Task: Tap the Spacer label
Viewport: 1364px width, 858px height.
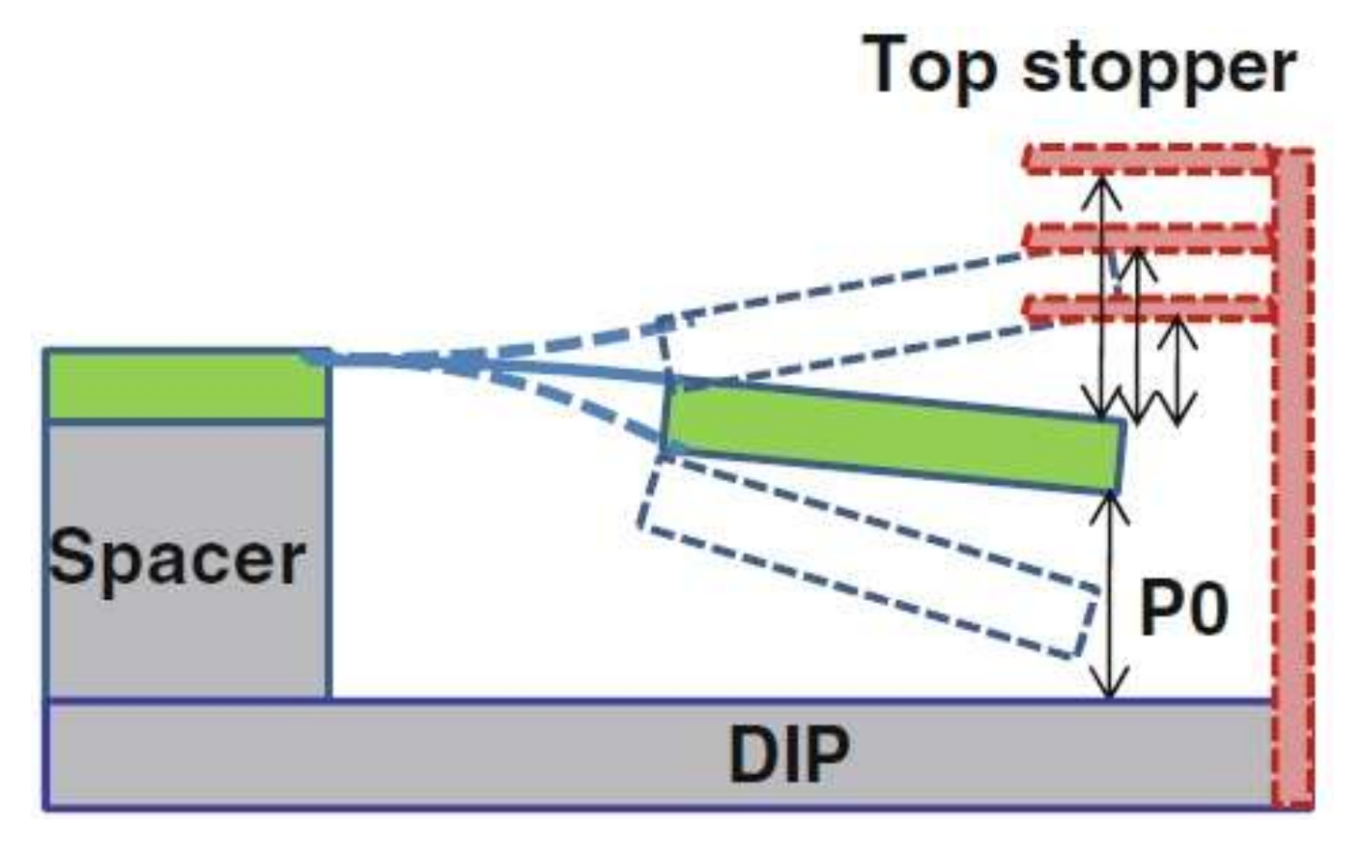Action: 177,558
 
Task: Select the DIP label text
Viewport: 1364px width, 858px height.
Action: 789,754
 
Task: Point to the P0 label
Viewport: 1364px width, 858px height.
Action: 1184,610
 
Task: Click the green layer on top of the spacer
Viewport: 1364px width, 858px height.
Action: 184,386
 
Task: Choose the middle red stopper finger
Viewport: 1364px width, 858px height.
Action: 1150,237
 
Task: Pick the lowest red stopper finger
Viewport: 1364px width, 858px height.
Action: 1150,309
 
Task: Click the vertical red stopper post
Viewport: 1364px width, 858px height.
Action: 1293,483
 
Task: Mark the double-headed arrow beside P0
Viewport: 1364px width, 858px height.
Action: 1111,594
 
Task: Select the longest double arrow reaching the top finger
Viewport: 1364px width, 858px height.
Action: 1102,290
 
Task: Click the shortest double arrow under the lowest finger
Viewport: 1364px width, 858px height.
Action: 1177,372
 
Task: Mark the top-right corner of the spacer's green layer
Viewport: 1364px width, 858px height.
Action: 327,354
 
